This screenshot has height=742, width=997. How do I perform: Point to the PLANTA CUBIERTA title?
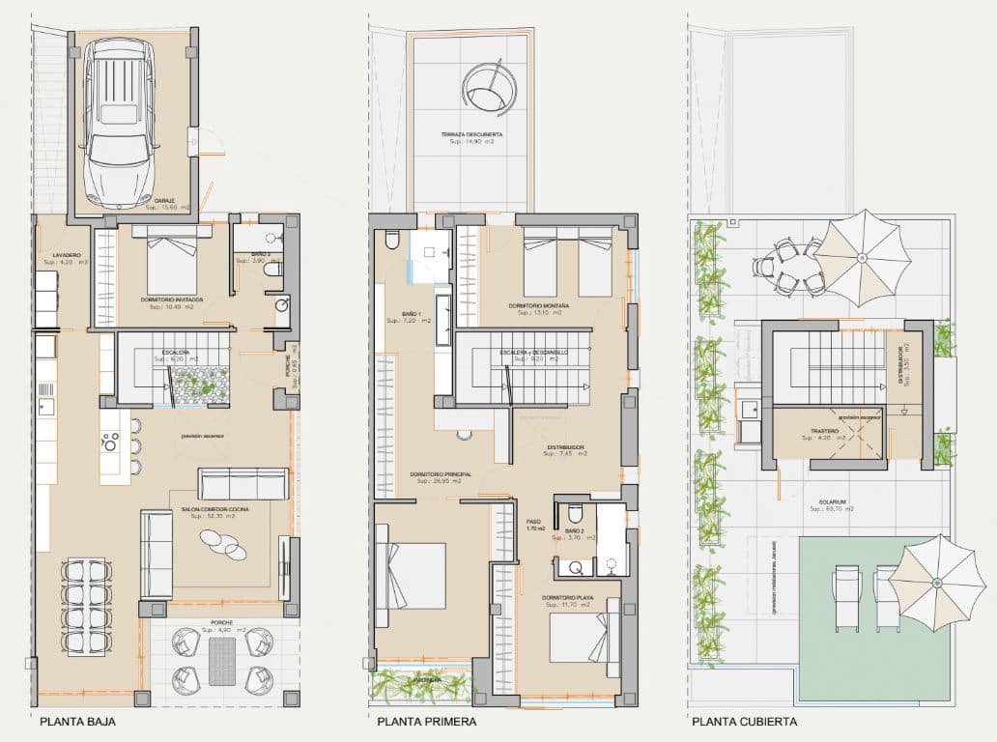click(x=743, y=721)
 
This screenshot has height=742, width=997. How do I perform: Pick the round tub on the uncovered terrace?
click(x=488, y=87)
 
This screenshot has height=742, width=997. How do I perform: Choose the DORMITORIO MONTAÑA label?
click(x=538, y=306)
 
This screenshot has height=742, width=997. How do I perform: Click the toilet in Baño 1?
click(x=391, y=238)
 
